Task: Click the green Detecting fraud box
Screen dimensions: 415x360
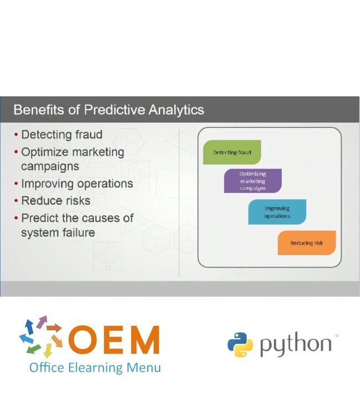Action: tap(232, 152)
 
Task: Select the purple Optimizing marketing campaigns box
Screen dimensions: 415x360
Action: tap(253, 181)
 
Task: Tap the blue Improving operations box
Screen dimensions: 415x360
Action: tap(277, 212)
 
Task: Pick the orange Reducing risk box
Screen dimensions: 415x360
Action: tap(306, 243)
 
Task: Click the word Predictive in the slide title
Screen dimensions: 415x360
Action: tap(116, 110)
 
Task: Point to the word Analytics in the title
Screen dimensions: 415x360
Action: tap(177, 110)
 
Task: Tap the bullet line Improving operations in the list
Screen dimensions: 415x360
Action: tap(77, 184)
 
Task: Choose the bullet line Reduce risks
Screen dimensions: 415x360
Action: tap(55, 200)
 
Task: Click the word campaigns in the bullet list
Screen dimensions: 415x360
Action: tap(50, 166)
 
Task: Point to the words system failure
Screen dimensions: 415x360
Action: tap(58, 232)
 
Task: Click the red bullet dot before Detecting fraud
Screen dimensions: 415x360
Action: tap(16, 134)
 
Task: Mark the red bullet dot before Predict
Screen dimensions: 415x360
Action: tap(16, 217)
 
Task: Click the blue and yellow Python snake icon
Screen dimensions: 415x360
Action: tap(240, 344)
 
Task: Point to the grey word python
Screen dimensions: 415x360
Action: tap(295, 345)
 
